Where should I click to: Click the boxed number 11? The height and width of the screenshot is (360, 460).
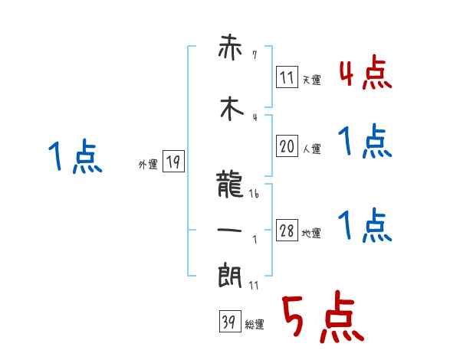click(287, 77)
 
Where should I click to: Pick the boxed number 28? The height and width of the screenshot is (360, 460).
click(287, 231)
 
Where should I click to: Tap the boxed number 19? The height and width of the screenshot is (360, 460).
click(173, 162)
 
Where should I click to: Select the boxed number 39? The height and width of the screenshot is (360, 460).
click(228, 322)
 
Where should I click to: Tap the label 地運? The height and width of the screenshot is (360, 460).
click(311, 234)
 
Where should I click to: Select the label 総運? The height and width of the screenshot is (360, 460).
click(254, 325)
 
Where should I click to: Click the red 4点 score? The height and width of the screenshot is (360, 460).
click(365, 73)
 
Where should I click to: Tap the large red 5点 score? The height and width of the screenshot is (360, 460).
click(322, 318)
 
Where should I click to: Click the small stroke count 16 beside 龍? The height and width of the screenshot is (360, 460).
click(254, 195)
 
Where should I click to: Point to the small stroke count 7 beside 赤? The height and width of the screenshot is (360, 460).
click(254, 55)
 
